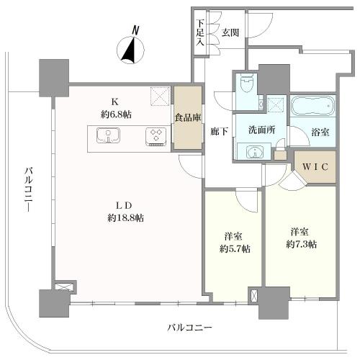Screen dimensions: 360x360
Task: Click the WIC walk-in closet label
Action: point(314,168)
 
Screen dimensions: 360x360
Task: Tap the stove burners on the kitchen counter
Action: point(154,136)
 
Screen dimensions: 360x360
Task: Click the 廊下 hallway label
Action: point(217,132)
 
